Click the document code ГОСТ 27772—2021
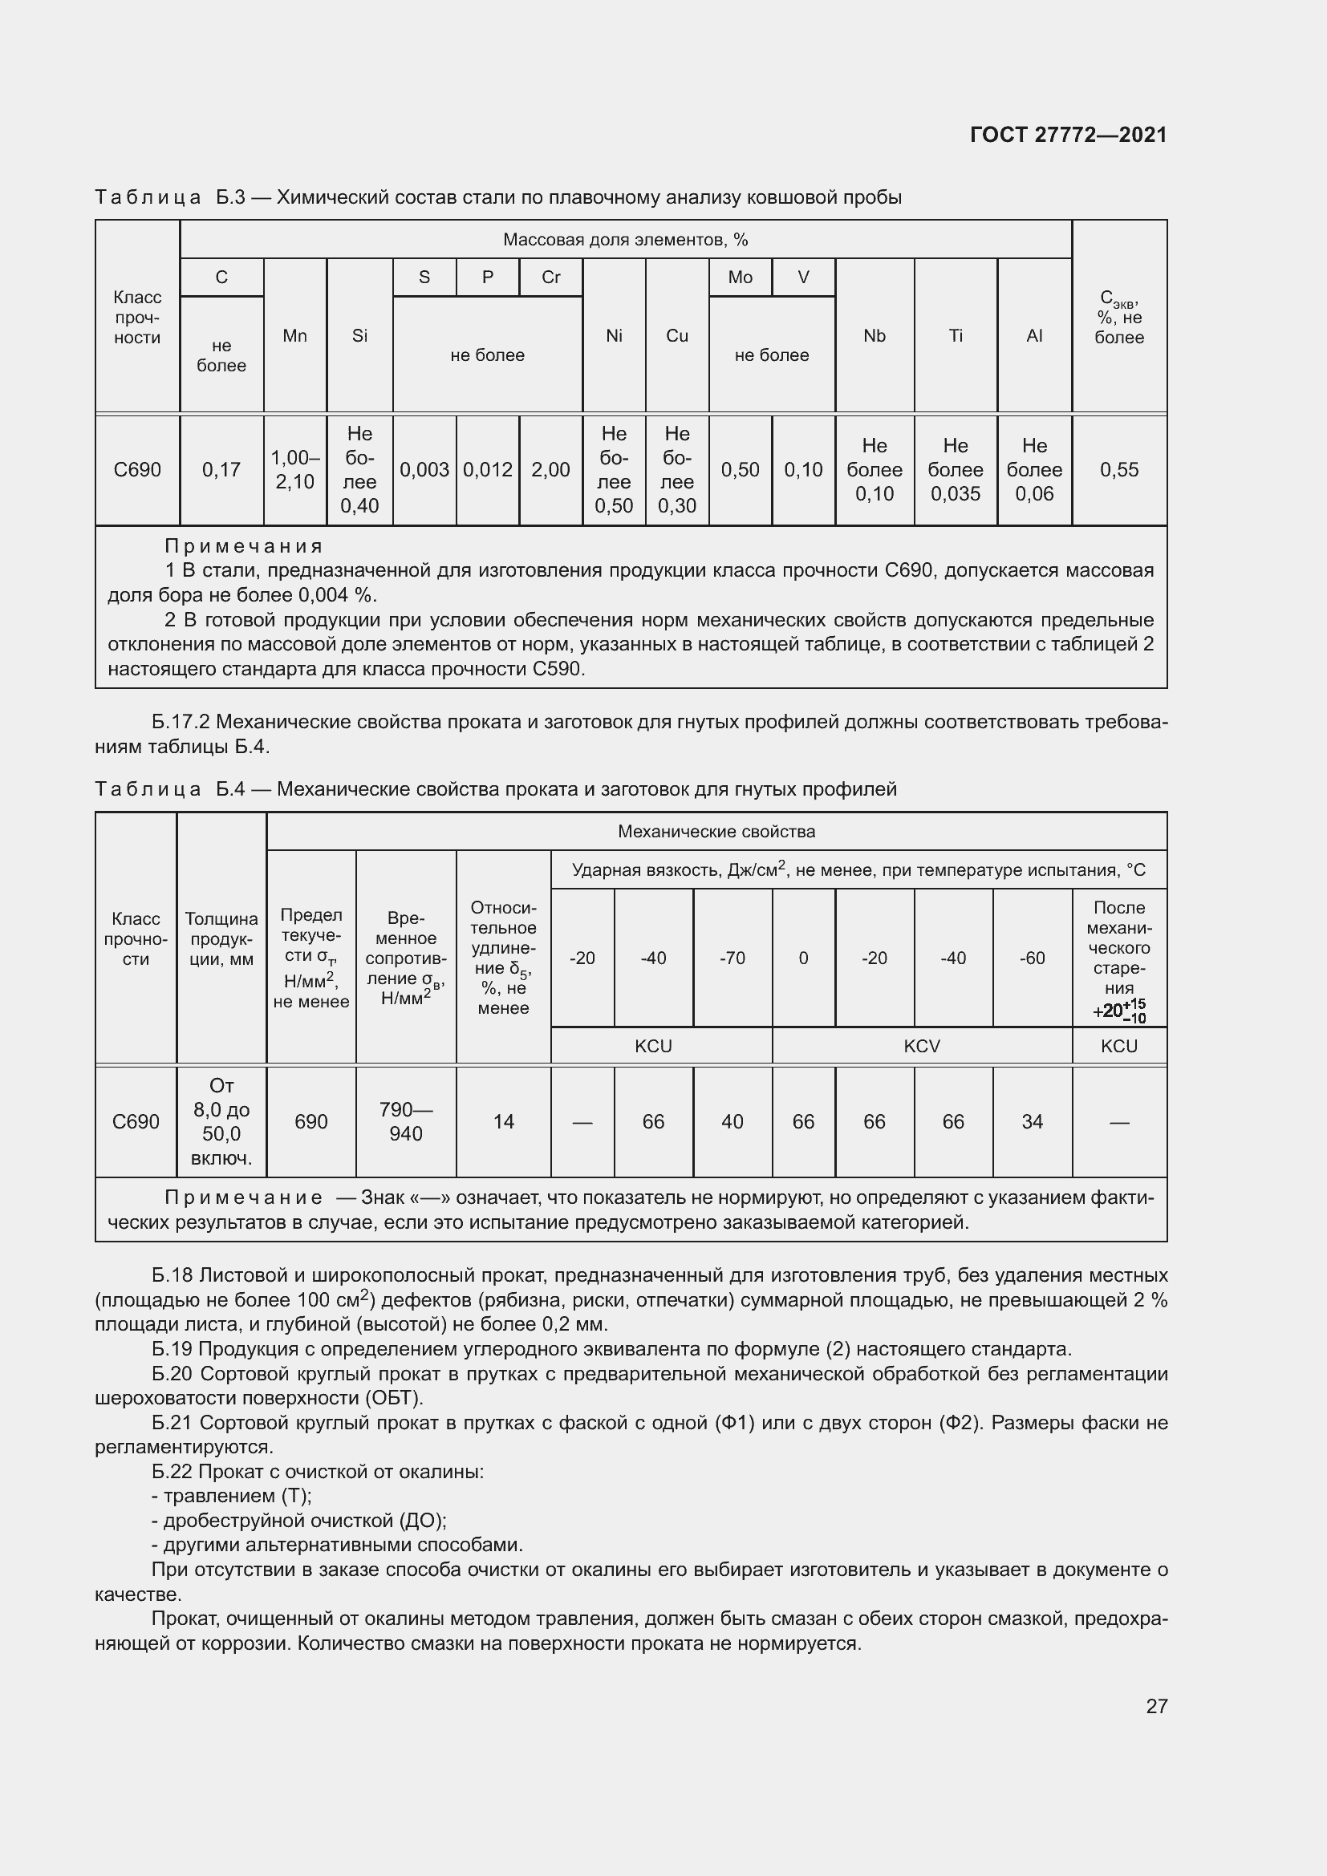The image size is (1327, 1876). (x=1068, y=135)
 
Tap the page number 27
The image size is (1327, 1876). (x=1156, y=1706)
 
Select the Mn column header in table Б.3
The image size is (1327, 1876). (x=295, y=336)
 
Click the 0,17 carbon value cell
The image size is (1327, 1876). (x=221, y=470)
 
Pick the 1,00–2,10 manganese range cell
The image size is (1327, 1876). (x=295, y=470)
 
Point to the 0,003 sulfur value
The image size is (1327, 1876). (x=424, y=470)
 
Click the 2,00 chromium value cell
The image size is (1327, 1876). (x=550, y=470)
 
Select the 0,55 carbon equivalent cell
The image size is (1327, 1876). (x=1118, y=470)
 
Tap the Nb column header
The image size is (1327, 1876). (x=875, y=336)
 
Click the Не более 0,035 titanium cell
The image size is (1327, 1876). (x=956, y=470)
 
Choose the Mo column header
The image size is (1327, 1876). (x=740, y=278)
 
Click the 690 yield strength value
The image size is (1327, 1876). (x=311, y=1122)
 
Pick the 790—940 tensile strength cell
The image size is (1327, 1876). (x=406, y=1122)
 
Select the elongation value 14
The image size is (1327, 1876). (x=503, y=1122)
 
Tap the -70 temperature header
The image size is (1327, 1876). (x=732, y=958)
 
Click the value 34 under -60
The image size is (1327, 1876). (x=1032, y=1122)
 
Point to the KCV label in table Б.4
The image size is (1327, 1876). (x=922, y=1046)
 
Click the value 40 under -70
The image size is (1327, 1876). (x=732, y=1122)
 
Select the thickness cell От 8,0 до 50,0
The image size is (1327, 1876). (x=221, y=1122)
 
